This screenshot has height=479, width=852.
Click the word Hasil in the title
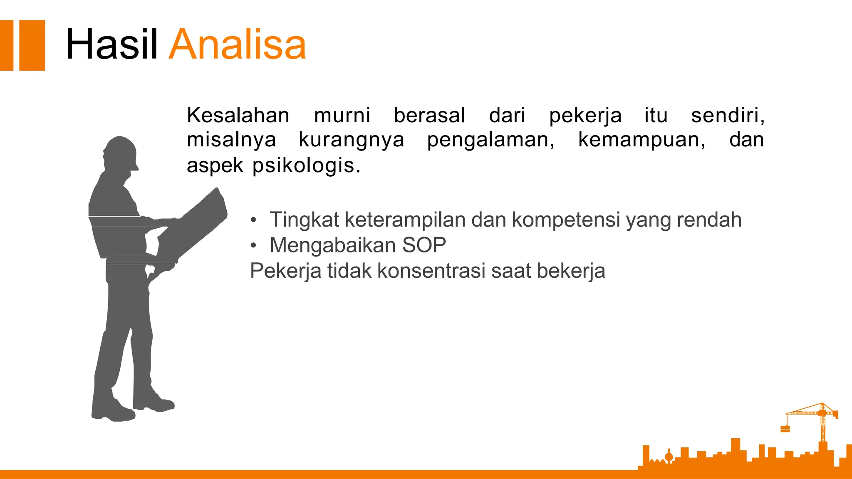[x=111, y=44]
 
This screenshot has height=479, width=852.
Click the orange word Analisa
[x=238, y=44]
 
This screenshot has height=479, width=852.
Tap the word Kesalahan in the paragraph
[x=238, y=115]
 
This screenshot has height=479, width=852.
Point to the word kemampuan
[x=641, y=140]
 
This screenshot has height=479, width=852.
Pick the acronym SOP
[x=424, y=245]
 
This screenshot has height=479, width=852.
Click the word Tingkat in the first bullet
[x=304, y=220]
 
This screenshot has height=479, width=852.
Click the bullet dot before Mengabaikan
[x=253, y=246]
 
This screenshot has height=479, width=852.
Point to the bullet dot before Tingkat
[x=253, y=220]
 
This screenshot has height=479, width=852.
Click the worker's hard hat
[x=121, y=151]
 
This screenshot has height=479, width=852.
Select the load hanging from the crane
[x=785, y=429]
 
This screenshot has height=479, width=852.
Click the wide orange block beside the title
[x=32, y=45]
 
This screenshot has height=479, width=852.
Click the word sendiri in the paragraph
[x=727, y=115]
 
